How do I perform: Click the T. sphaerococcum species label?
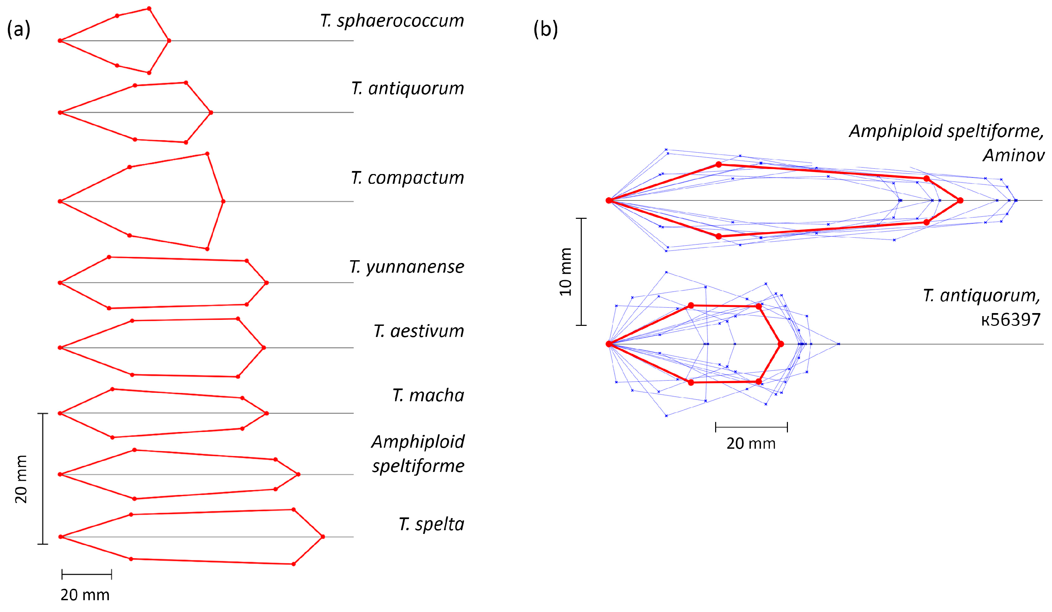391,21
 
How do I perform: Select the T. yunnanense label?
406,267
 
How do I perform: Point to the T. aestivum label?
418,331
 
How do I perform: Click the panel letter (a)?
19,29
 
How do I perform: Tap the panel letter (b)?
545,29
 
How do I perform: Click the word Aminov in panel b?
1013,155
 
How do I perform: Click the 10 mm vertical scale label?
566,272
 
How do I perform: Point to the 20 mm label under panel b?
751,443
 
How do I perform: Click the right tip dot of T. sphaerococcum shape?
169,41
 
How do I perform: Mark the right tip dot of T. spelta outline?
323,537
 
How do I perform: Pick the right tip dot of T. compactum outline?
223,202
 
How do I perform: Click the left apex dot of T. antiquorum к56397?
609,344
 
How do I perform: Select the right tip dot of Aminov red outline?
960,201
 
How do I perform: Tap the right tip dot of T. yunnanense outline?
267,283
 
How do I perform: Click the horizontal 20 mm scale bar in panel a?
87,574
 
